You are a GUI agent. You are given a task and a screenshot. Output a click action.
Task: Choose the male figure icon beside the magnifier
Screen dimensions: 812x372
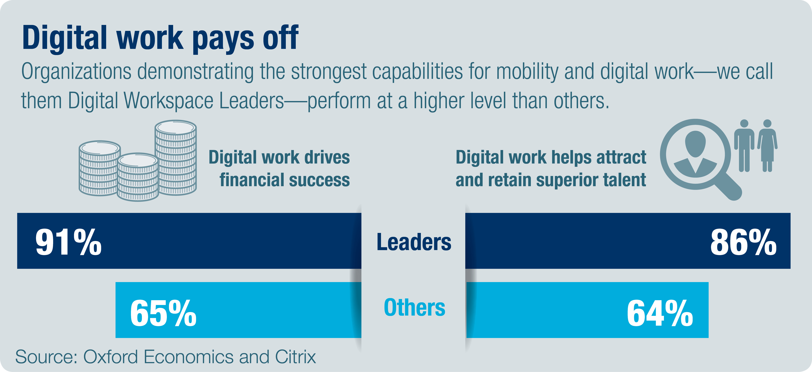744,146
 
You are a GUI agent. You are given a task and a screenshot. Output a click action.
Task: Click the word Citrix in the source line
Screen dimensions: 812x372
295,357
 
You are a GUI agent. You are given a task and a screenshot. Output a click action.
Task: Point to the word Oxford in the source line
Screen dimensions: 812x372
110,357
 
